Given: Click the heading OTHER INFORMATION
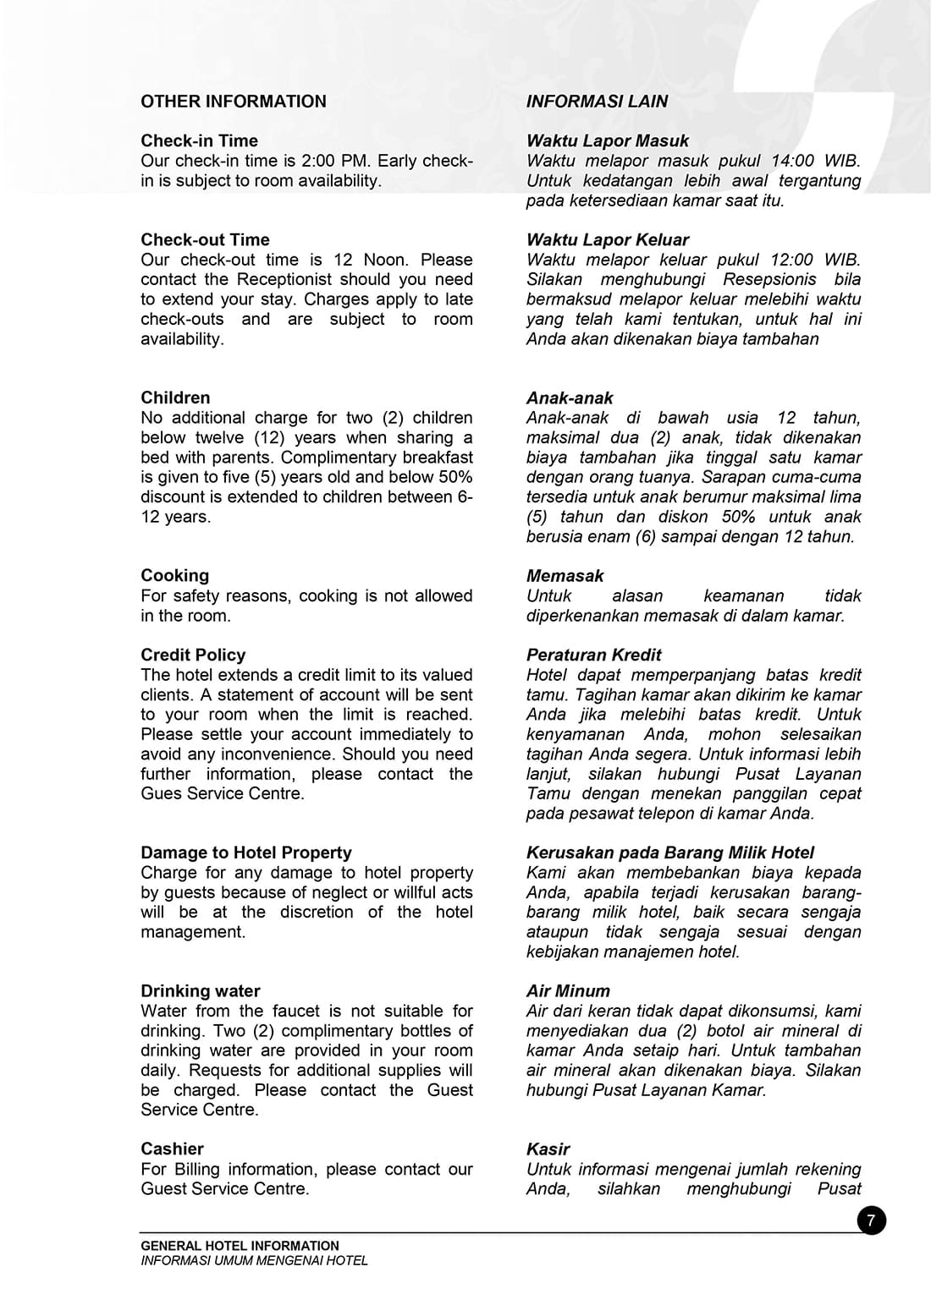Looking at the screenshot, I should pos(233,101).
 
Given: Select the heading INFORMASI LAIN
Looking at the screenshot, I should pos(597,101).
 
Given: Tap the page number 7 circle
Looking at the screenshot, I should pos(871,1220).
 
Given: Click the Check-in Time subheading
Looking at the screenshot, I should pos(199,141).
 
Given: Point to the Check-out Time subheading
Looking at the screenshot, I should pos(205,240).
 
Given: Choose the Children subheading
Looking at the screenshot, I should pos(175,398).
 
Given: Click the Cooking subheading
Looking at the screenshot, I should pos(174,576).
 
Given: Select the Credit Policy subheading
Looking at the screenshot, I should pos(193,655).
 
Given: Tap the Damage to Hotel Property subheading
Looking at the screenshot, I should pos(245,853).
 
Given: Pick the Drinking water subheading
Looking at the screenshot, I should pos(200,991).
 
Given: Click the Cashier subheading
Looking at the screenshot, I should pos(172,1149).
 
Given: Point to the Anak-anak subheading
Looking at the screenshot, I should pos(570,398).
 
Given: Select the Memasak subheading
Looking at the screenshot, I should pos(565,576).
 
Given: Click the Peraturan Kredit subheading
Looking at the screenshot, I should pos(593,655).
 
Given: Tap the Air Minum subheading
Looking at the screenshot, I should pos(568,991).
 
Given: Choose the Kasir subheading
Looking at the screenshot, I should pos(548,1149).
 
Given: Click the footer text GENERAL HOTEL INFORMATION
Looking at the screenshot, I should pos(240,1246).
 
